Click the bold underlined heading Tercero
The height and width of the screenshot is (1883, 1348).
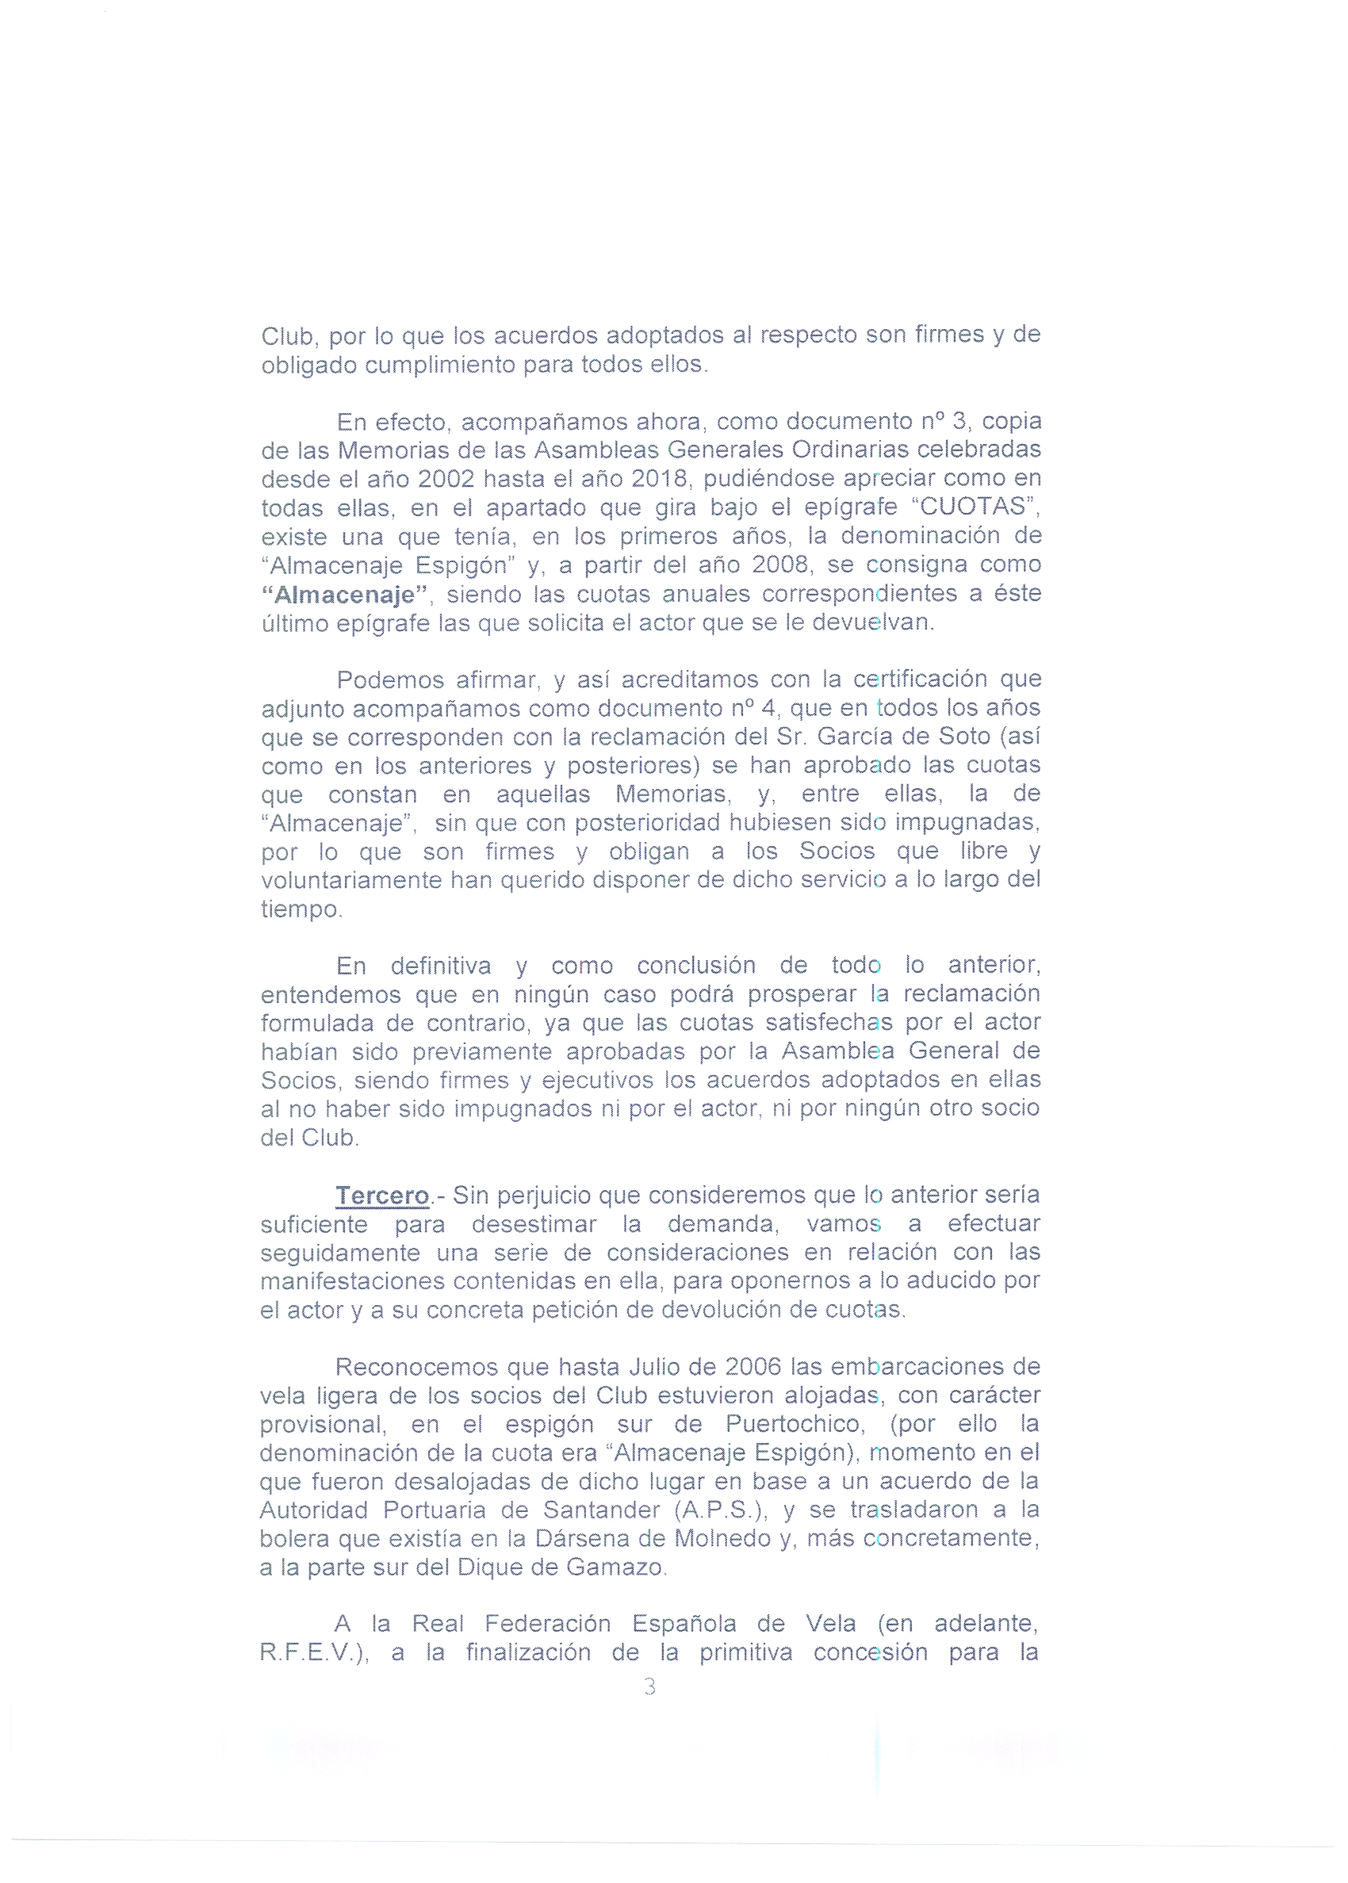pyautogui.click(x=382, y=1196)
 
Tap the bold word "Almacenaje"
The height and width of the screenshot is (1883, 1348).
pyautogui.click(x=344, y=595)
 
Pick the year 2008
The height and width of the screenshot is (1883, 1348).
pyautogui.click(x=780, y=565)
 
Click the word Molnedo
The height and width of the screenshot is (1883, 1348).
pyautogui.click(x=723, y=1539)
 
